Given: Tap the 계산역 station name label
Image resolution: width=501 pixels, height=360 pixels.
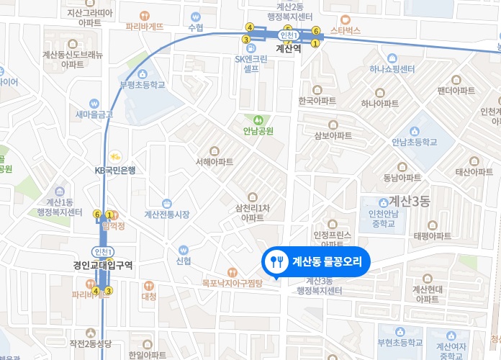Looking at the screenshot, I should (288, 50).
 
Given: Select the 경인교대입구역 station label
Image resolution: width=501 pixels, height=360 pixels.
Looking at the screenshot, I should (103, 265).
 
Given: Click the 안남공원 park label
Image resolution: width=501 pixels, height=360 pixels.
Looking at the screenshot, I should (258, 131).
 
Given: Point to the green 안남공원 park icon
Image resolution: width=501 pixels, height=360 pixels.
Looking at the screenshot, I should (258, 119).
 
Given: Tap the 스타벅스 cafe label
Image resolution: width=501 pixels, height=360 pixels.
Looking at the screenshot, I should (345, 31).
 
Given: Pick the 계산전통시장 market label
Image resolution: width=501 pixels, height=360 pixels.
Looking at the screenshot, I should (167, 214).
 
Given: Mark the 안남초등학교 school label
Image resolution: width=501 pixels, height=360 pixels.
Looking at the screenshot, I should (415, 142).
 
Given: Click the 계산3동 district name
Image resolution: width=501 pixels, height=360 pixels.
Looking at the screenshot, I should (409, 202).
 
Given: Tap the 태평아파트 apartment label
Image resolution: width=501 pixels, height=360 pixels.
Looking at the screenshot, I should (432, 235).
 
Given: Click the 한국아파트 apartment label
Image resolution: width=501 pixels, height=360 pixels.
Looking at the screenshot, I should (317, 101).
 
